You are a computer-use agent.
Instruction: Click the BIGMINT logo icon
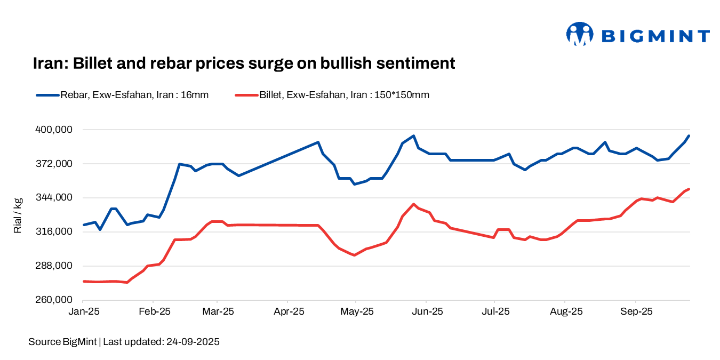579,35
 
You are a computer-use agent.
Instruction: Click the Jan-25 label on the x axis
84,311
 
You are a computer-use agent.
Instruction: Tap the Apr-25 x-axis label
288,311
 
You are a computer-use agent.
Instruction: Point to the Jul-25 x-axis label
495,311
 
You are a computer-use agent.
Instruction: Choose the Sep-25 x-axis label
636,311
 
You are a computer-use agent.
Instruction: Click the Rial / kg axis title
18,215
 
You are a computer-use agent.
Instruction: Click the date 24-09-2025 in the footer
191,342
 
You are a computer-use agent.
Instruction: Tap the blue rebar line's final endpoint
689,136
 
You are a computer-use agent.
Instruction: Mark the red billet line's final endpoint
689,189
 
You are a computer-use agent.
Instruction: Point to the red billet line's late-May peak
413,204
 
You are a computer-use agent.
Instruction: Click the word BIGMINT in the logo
655,36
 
